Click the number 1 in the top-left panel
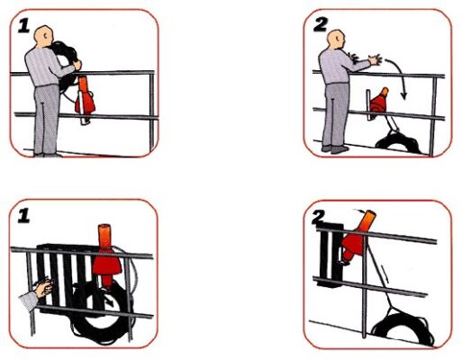point(24,26)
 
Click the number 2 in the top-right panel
point(321,24)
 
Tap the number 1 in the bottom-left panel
point(24,216)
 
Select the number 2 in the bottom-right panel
point(318,217)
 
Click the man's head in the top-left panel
point(44,37)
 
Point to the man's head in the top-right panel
point(336,40)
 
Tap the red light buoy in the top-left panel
point(85,96)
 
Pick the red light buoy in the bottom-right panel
point(358,237)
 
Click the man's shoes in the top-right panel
point(336,148)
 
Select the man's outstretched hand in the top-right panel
point(376,59)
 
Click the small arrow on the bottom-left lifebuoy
point(111,301)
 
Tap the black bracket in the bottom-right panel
point(331,255)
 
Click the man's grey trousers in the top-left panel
point(46,120)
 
